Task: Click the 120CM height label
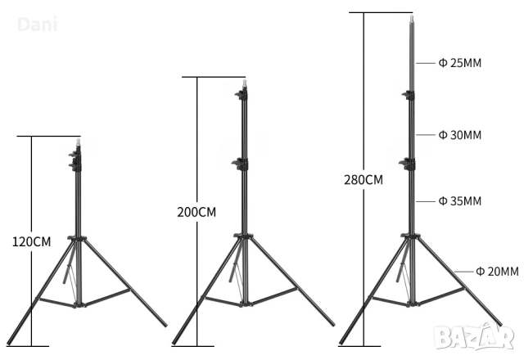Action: point(31,241)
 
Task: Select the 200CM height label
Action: point(196,212)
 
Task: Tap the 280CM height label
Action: point(363,179)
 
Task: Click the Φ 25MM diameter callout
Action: point(459,63)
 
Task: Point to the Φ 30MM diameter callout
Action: point(459,134)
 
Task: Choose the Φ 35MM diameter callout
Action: point(459,200)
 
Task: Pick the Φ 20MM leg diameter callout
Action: point(497,271)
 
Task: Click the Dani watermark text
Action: point(37,25)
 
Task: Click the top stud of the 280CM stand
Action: point(409,16)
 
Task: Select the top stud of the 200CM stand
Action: point(244,82)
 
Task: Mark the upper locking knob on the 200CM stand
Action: point(241,97)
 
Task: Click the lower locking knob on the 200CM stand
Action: point(240,164)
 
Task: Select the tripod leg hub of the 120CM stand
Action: point(78,239)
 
